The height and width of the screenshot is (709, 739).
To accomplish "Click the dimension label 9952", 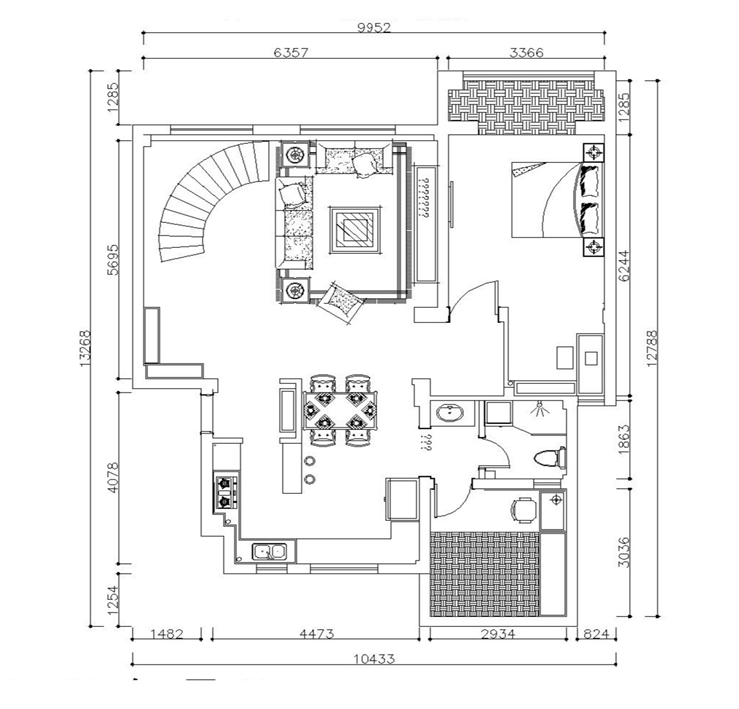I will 374,27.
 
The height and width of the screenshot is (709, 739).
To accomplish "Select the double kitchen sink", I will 270,550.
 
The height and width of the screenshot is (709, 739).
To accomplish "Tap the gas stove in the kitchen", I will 226,492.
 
